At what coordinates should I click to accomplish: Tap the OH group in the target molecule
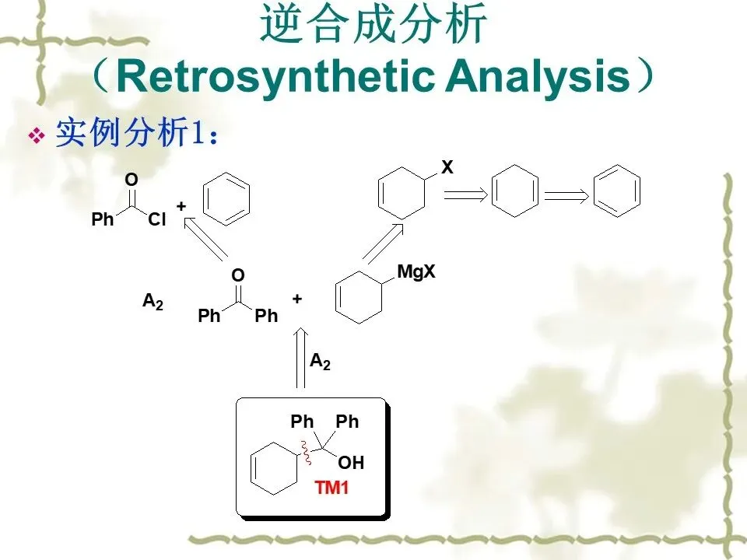[351, 464]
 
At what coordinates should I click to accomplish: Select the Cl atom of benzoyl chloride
[157, 220]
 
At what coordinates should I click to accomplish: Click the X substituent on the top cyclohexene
[447, 167]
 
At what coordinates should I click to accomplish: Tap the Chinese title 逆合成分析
[373, 26]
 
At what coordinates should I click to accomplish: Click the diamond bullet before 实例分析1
[35, 138]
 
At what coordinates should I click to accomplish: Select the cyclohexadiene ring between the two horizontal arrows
[514, 191]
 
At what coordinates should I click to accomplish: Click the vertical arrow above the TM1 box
[300, 359]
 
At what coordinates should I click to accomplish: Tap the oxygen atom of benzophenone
[238, 275]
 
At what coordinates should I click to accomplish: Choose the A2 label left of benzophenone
[153, 302]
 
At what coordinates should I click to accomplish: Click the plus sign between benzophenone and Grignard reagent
[296, 298]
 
